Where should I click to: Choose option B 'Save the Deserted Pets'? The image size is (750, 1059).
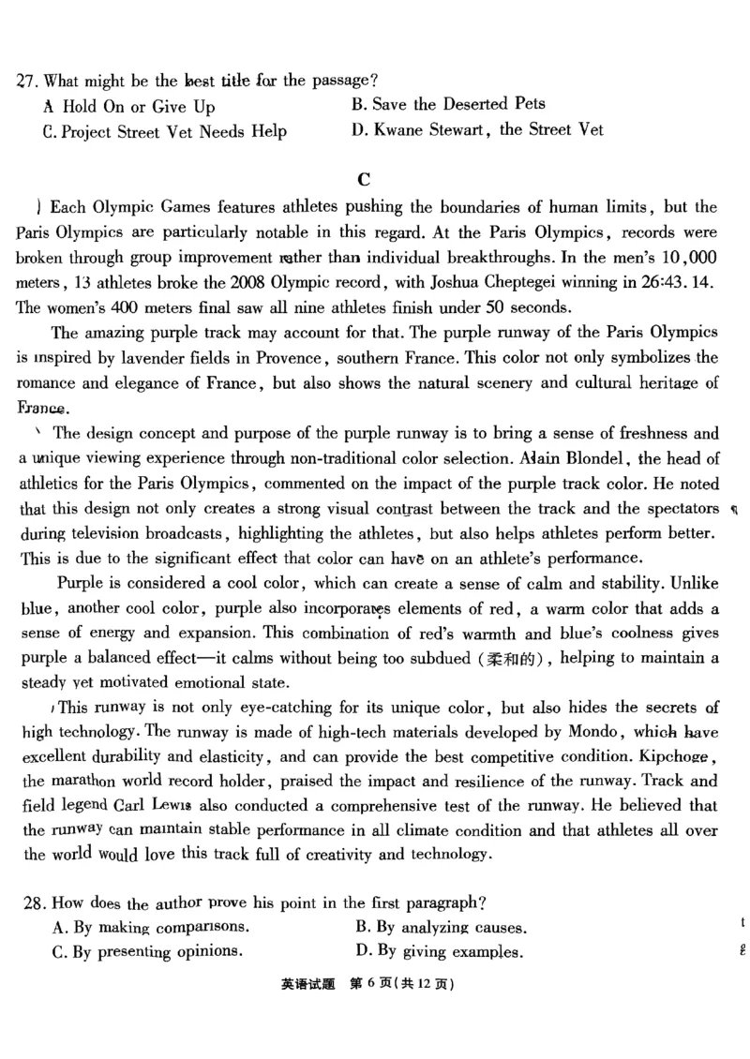pyautogui.click(x=448, y=104)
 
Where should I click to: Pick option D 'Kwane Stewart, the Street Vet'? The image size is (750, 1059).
pyautogui.click(x=477, y=130)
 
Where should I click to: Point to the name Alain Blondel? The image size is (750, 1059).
pyautogui.click(x=586, y=458)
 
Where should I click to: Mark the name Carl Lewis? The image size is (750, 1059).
pyautogui.click(x=148, y=805)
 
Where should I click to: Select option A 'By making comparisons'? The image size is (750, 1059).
pyautogui.click(x=150, y=928)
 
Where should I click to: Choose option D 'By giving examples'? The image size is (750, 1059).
pyautogui.click(x=438, y=952)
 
